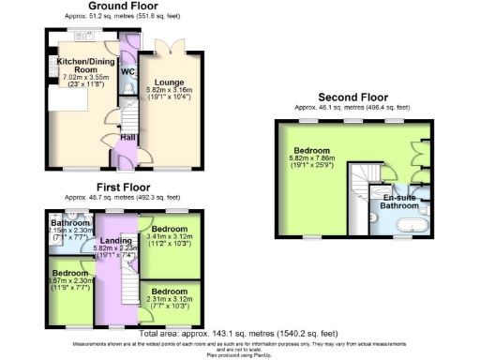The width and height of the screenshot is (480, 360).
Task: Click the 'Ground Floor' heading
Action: [x=122, y=6]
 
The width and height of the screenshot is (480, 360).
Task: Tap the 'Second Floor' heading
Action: [x=352, y=97]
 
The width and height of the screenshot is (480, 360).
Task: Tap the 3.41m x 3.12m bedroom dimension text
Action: [x=171, y=238]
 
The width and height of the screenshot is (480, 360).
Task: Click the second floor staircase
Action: [x=362, y=178]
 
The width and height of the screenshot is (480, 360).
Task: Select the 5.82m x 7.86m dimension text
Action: [x=315, y=159]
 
